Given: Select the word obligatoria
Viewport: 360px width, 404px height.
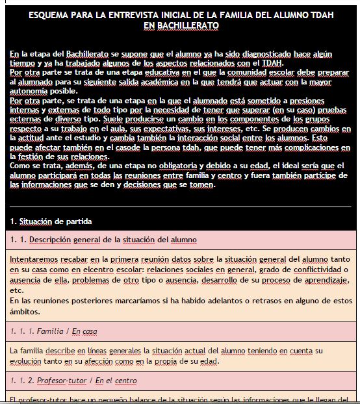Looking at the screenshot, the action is pos(161,166).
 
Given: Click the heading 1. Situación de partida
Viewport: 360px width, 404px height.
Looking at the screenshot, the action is pos(51,221).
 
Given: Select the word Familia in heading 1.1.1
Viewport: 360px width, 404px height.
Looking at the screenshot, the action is pos(50,331).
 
